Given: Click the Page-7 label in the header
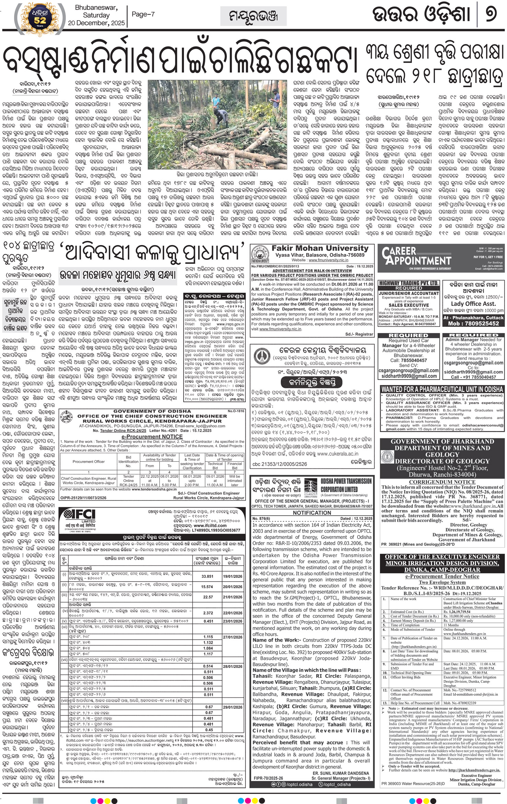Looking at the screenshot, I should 143,14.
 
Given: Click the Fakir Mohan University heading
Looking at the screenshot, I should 320,248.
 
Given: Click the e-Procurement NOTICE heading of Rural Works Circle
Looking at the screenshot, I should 152,437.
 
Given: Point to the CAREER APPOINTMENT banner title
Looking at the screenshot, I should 416,256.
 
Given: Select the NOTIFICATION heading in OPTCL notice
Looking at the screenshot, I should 312,513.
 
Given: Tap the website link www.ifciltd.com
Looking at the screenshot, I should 210,525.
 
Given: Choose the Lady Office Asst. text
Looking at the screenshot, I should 473,304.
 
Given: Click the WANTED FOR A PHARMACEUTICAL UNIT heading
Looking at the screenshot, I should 442,389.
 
